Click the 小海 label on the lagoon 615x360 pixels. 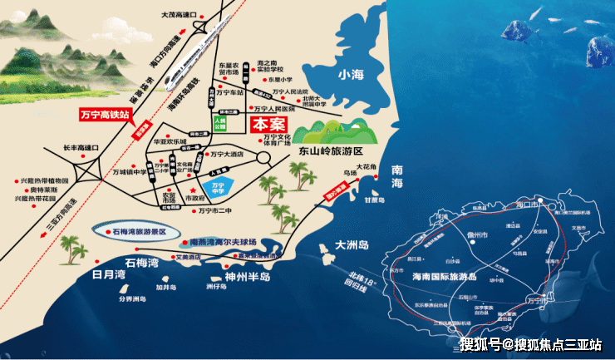(x=352, y=75)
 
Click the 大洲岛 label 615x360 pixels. (x=352, y=245)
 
